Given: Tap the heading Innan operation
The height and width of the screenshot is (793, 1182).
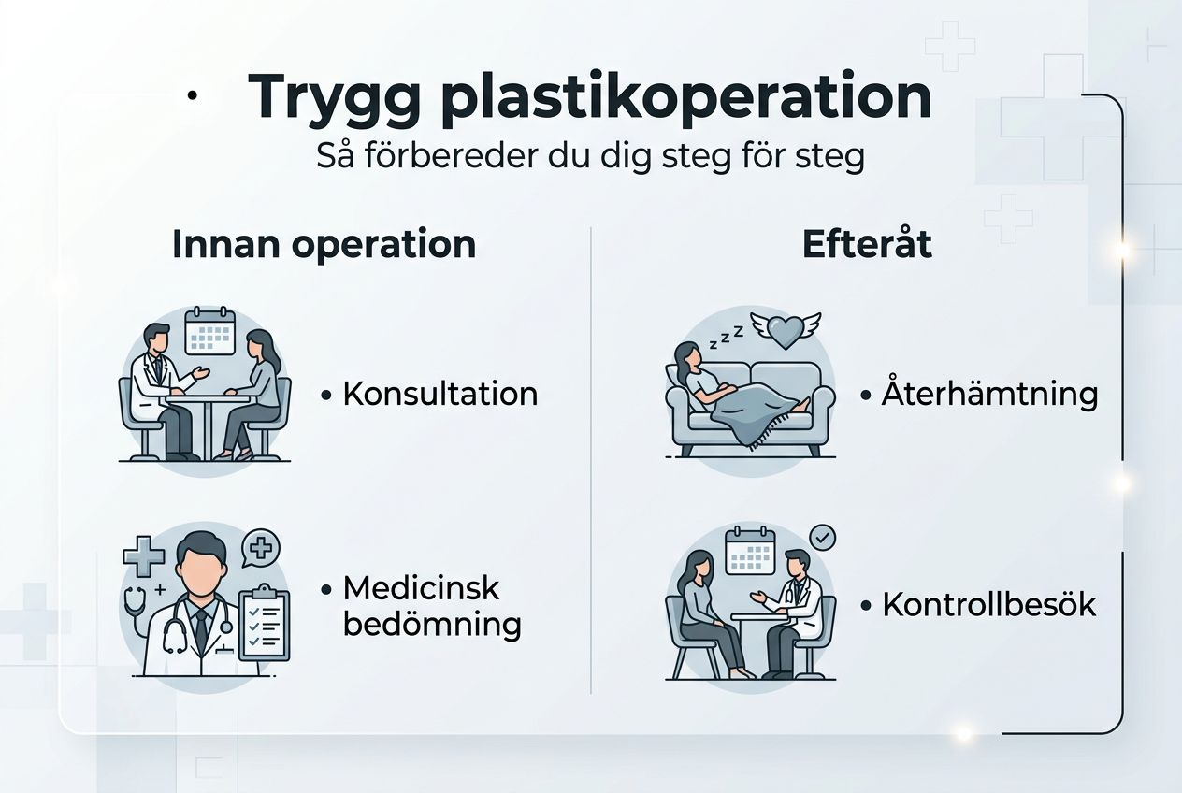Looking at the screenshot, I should tap(324, 244).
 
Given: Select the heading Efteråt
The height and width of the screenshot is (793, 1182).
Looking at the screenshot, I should tap(867, 244).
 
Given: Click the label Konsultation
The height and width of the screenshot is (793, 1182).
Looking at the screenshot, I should tap(440, 394).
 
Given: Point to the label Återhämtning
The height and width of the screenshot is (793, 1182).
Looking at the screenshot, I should tap(989, 394).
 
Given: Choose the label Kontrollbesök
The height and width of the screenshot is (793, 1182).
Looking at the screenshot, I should tap(989, 605).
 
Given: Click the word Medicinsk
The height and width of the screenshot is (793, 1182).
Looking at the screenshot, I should tap(422, 588).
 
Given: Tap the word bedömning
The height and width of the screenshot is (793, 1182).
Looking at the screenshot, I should tap(432, 624).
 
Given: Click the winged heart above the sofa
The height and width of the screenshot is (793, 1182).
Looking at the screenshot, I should tap(786, 330).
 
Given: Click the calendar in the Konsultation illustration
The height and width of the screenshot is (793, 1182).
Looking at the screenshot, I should tap(209, 331).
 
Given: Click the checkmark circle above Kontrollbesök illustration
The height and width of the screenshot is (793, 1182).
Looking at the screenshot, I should tap(822, 538).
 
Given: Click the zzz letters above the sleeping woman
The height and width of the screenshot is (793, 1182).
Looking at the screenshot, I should tap(725, 339).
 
